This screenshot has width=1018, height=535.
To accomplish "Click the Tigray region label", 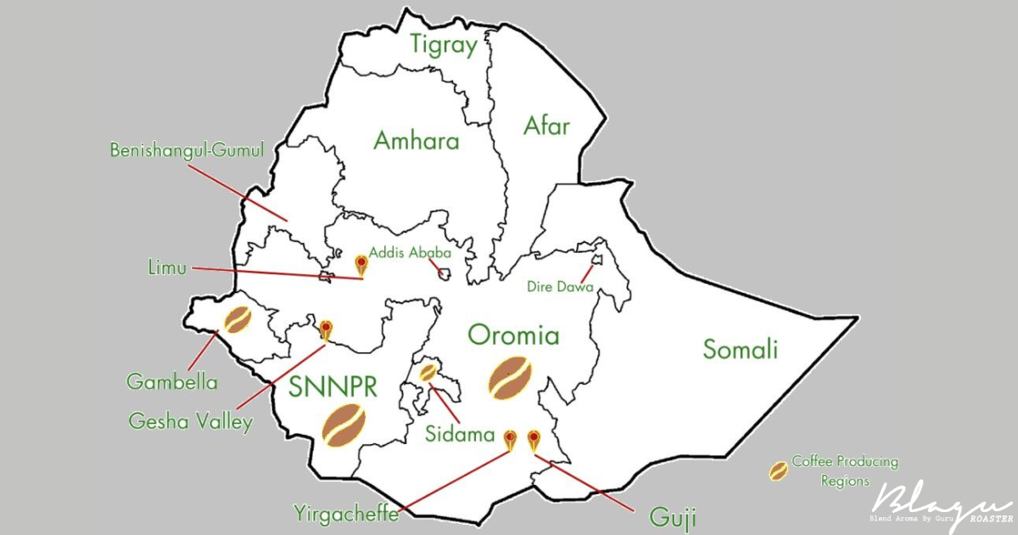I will click(444, 45).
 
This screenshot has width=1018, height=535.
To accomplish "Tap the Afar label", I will click(546, 127).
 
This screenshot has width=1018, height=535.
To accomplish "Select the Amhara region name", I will click(417, 140).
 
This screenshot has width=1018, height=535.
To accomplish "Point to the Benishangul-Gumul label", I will click(187, 150).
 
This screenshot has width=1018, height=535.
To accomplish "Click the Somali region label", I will click(740, 349).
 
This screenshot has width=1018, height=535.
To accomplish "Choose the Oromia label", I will click(513, 335).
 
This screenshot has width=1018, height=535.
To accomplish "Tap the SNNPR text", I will click(333, 386).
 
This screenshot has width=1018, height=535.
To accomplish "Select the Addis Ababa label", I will click(409, 251).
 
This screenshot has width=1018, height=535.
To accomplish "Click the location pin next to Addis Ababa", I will click(361, 264).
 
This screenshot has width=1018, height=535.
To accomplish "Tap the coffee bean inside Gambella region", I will click(238, 319).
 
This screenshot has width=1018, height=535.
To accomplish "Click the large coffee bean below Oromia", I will click(511, 377).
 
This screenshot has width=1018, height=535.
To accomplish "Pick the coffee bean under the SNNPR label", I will click(344, 425).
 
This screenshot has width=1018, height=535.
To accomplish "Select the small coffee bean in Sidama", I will click(429, 372).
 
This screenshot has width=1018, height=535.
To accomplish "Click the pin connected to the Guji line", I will click(534, 439).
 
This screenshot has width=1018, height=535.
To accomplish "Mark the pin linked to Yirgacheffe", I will click(509, 439).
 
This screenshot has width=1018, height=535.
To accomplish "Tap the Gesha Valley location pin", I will click(326, 329).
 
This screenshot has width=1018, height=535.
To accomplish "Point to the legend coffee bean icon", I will click(778, 470).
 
